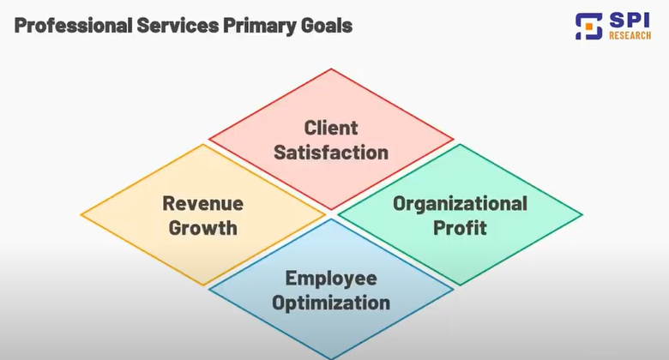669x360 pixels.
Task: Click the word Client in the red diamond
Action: point(331,129)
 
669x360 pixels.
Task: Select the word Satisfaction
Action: point(331,153)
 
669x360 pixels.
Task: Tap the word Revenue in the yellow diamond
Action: point(203,204)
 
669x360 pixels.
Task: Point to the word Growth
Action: point(203,228)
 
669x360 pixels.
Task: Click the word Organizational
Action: point(460,204)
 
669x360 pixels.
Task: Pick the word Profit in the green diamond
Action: point(460,228)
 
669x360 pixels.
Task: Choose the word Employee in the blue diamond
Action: point(331,279)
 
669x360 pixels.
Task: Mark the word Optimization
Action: point(331,303)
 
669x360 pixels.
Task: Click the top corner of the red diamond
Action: point(331,69)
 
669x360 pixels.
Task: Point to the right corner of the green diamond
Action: point(582,214)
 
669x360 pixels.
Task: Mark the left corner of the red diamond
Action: point(210,139)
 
